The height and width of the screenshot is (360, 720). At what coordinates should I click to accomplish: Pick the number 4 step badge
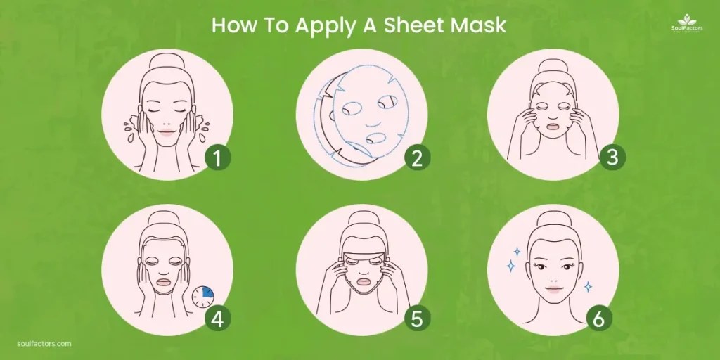(218, 319)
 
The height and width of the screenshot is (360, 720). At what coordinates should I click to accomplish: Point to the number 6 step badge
(598, 319)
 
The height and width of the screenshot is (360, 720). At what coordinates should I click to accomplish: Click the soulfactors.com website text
(44, 344)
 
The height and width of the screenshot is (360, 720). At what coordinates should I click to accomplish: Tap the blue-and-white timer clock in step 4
(203, 295)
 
